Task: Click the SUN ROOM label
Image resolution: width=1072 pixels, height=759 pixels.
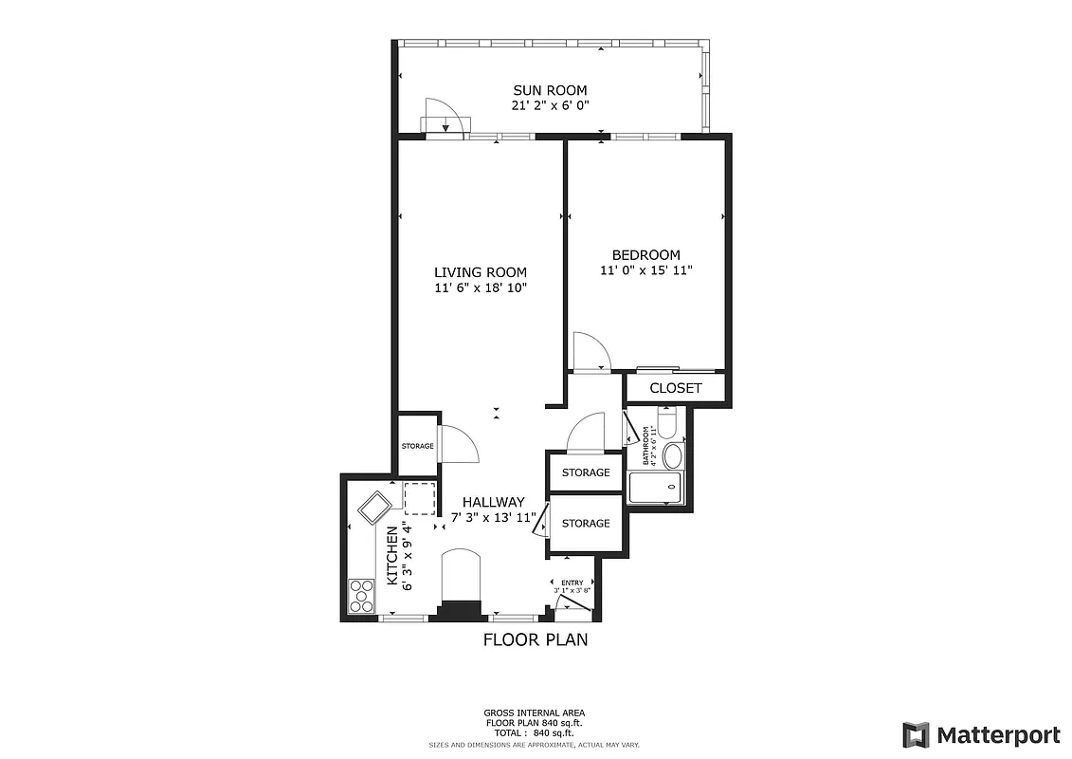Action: coord(551,90)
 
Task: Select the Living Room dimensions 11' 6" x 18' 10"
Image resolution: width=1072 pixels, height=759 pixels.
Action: coord(480,287)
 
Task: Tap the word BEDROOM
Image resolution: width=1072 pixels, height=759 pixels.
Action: coord(645,254)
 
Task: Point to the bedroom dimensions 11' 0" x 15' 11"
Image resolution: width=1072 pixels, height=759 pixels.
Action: coord(645,270)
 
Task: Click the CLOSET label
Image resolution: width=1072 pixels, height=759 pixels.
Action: coord(676,388)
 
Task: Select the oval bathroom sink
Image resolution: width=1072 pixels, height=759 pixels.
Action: coord(672,456)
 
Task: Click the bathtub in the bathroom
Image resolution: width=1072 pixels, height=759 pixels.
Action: coord(655,488)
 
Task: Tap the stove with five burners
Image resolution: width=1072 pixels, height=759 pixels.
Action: coord(361,596)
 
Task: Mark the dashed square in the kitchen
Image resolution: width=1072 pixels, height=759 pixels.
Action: coord(419,497)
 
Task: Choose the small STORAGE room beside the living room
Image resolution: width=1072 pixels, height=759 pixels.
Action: coord(417,446)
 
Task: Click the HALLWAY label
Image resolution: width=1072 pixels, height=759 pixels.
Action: coord(493,502)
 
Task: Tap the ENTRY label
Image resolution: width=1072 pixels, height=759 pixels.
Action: coord(572,583)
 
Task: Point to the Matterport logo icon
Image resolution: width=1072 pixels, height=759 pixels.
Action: coord(915,734)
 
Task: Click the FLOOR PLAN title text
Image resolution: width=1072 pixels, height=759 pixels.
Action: coord(536,639)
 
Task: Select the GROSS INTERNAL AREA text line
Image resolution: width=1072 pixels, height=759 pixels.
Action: coord(534,713)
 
